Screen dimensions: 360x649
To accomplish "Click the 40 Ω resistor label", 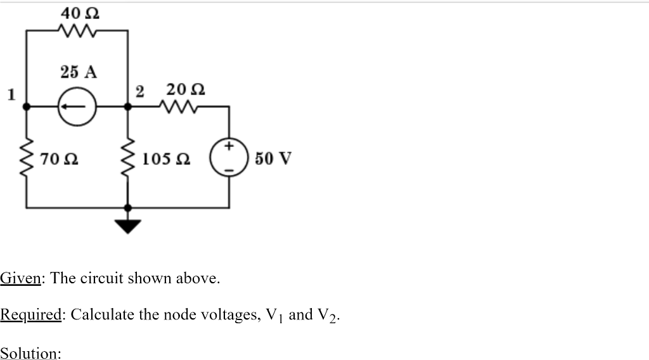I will [x=79, y=12].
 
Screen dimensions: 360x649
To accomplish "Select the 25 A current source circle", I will [x=77, y=106].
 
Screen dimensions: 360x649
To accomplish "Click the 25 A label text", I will [x=79, y=72].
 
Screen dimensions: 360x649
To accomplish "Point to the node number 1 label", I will [x=10, y=95].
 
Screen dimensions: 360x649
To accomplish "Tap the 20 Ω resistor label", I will [x=185, y=89].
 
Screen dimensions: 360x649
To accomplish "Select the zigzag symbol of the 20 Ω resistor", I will [x=182, y=107].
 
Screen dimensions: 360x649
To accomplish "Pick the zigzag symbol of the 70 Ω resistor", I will [x=27, y=158].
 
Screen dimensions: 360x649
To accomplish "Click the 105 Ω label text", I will [x=168, y=158].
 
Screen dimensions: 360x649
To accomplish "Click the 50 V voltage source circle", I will [x=228, y=158].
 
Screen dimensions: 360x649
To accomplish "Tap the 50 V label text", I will [x=273, y=158].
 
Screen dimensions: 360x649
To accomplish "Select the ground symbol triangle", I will [x=128, y=225].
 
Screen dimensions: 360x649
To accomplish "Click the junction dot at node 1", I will [x=27, y=107].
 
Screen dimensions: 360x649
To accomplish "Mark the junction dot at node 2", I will [x=128, y=107].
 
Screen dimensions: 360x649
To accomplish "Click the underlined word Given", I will [x=21, y=278].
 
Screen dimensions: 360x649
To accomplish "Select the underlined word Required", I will [x=30, y=315].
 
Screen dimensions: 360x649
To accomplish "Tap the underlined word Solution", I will [x=30, y=352].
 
